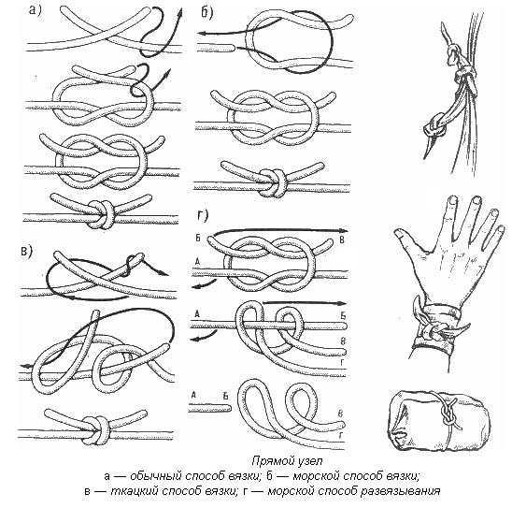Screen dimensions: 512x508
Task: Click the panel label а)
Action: point(36,10)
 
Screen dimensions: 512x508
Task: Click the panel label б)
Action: point(207,12)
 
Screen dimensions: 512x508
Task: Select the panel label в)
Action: point(27,251)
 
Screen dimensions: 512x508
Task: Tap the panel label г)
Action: point(203,215)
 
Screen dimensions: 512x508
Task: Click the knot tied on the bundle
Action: point(447,415)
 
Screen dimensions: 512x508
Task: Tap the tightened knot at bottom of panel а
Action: point(101,213)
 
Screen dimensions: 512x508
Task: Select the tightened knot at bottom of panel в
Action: point(96,429)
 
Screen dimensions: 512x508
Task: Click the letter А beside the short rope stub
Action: point(193,395)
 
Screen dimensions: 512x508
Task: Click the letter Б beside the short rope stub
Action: point(225,396)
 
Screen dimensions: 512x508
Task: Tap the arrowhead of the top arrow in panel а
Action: point(179,13)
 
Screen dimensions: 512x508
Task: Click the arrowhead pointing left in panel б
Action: point(202,34)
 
